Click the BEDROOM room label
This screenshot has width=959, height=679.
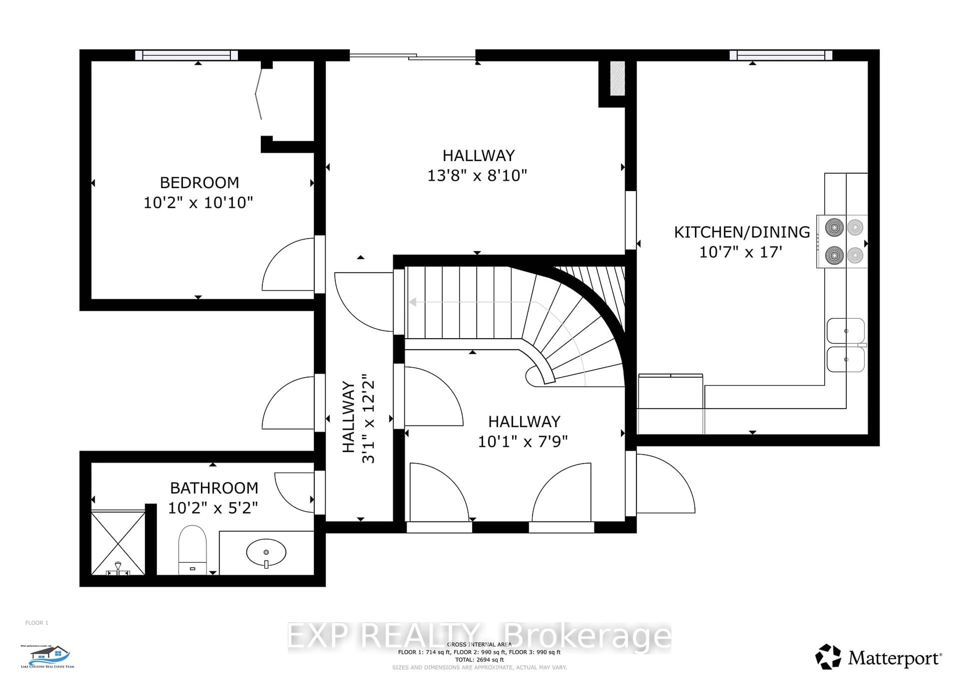[199, 183]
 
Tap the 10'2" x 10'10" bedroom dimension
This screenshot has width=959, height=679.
[198, 203]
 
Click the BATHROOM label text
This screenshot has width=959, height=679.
[214, 488]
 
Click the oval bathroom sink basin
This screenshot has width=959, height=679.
[266, 552]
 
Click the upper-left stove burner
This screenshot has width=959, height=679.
[834, 227]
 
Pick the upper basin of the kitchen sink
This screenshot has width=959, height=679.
[845, 331]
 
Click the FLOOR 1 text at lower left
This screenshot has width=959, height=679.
[37, 622]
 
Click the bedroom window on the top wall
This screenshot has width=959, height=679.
[186, 55]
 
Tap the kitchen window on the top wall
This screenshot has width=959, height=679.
[781, 55]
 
